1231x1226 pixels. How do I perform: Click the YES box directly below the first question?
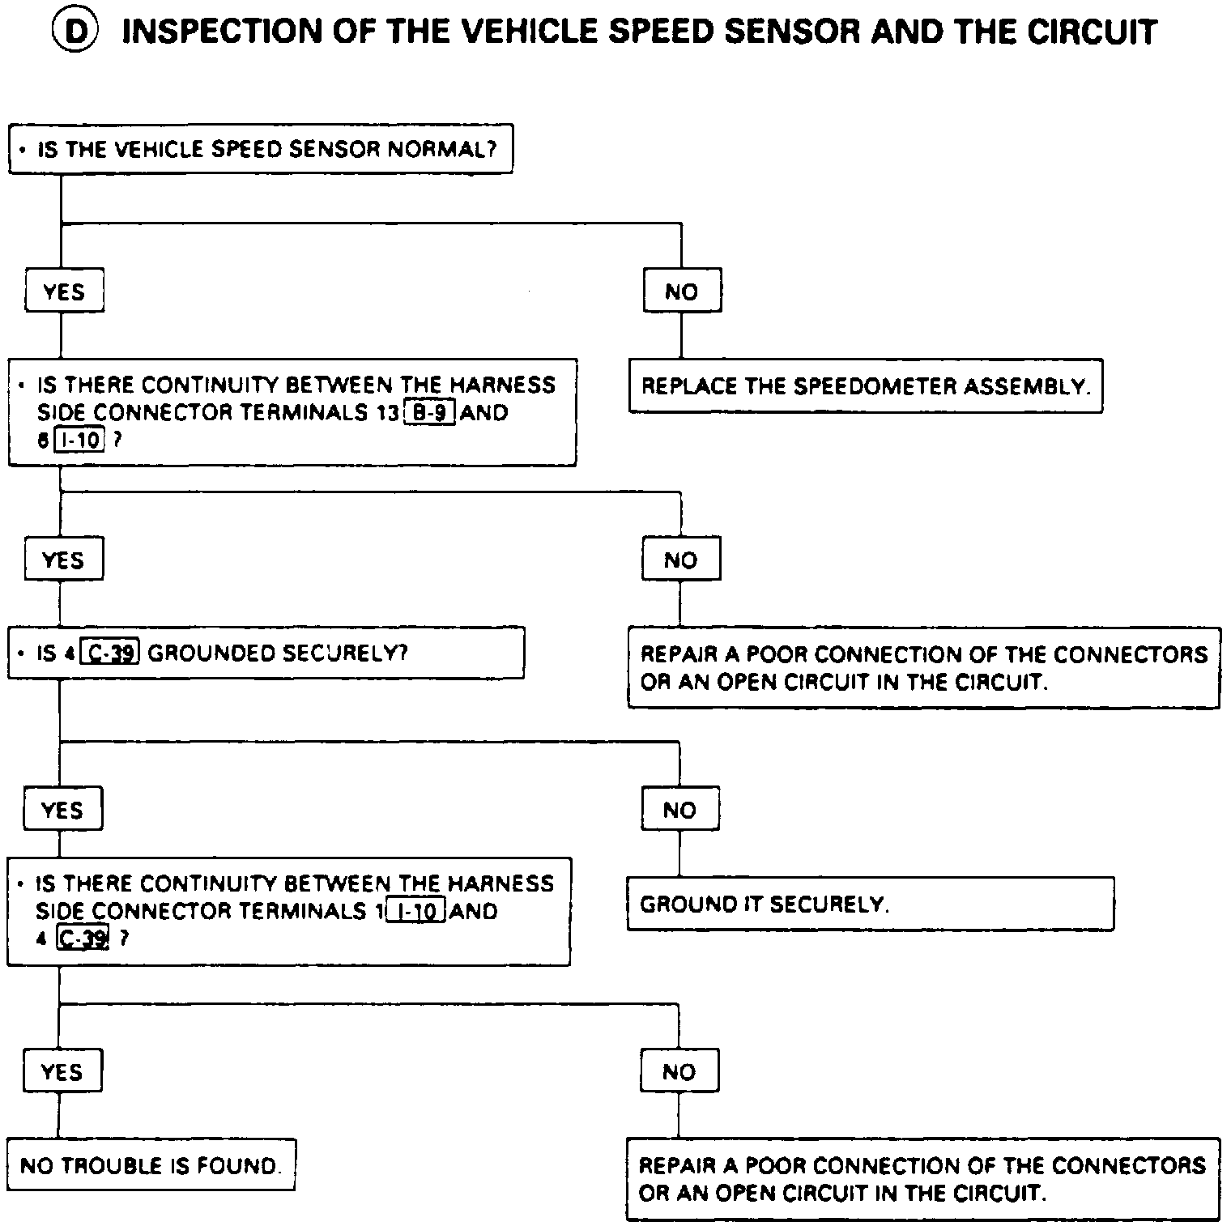click(64, 292)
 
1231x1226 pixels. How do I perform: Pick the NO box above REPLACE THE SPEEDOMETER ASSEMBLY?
click(681, 292)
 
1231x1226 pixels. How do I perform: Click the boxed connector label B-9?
click(429, 412)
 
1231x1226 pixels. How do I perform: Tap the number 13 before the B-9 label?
click(388, 412)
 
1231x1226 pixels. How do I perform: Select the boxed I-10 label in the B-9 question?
click(80, 441)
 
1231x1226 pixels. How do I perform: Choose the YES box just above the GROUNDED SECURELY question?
click(63, 560)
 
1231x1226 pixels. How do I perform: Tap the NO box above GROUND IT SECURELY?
click(679, 811)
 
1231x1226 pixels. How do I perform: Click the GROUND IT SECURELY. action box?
click(870, 904)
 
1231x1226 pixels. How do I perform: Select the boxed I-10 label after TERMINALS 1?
click(416, 912)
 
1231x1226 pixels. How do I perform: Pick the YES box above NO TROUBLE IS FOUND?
click(62, 1072)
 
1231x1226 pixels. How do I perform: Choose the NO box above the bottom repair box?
click(679, 1072)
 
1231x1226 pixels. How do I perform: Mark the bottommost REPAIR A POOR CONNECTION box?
click(922, 1179)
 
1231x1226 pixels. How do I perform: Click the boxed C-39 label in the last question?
click(83, 939)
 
